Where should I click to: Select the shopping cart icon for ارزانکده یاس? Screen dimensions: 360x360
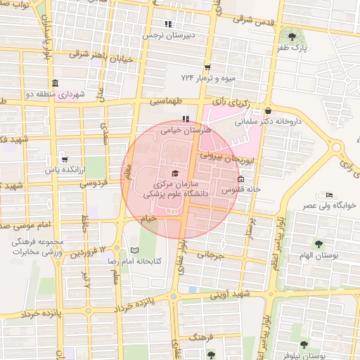point(65,159)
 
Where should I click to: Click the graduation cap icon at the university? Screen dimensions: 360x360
point(174,174)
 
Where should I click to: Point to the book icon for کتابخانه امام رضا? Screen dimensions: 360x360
point(134,250)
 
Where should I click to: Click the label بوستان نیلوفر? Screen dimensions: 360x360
point(314,356)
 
